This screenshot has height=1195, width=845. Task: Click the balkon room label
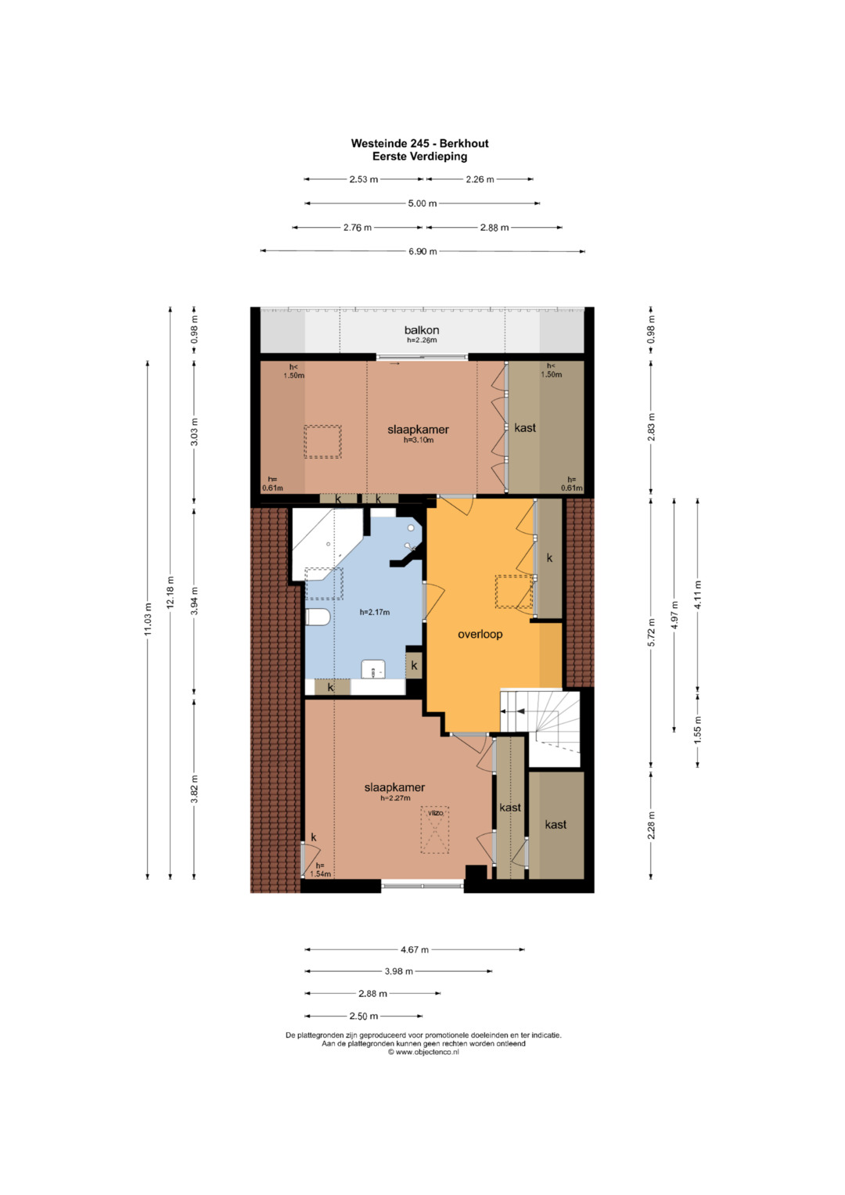coord(422,329)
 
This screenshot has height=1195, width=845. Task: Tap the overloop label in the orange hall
coord(480,634)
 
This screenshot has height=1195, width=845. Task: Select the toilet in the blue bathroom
coord(318,617)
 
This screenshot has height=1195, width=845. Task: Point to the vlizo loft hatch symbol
coord(435,830)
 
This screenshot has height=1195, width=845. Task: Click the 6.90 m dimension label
coord(422,251)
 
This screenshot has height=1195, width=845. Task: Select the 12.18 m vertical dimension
coord(171,592)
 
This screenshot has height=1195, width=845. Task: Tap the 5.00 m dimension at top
coord(422,203)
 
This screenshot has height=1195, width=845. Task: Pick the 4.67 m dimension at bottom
coord(415,949)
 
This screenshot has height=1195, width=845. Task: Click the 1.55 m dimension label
coord(698,730)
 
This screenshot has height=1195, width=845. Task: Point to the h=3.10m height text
coord(419,440)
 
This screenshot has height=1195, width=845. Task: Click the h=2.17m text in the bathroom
coord(375,612)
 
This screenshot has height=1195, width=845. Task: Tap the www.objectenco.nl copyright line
coord(423,1052)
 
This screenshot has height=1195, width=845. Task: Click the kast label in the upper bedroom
coord(525,427)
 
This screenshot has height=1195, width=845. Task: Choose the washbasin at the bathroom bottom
coord(373,669)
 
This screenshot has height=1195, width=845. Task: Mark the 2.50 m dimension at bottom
coord(364,1016)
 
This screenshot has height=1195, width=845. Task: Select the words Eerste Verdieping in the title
coord(420,157)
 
